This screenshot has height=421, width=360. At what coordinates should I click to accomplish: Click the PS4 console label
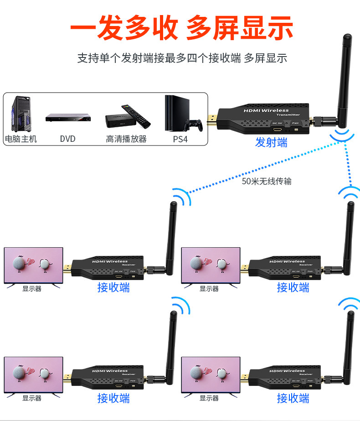point(180,139)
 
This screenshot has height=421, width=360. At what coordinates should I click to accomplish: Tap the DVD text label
point(67,139)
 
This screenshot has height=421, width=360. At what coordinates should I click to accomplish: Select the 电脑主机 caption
point(21,139)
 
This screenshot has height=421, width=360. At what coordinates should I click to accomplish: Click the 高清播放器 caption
point(126,139)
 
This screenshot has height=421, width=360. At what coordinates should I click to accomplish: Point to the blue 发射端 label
point(271,142)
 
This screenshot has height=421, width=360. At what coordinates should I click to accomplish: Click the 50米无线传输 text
point(267,181)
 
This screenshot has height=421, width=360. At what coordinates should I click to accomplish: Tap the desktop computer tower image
point(21,114)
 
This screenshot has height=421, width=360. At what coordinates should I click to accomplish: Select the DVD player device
point(67,118)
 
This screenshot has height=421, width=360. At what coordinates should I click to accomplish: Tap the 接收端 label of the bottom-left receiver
point(113,398)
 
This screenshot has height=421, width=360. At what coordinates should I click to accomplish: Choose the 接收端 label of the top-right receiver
point(293,287)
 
